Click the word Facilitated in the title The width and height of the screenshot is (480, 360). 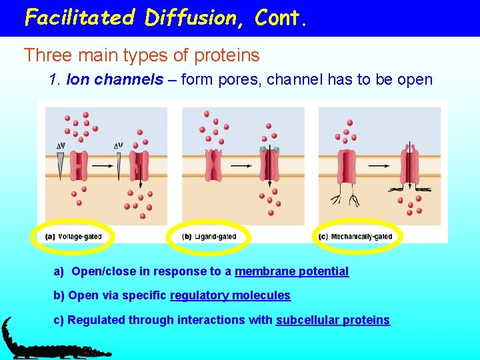click(79, 17)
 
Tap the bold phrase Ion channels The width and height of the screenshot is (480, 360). click(115, 80)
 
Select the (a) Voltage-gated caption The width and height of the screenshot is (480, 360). click(74, 236)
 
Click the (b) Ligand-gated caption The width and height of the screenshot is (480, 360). click(209, 236)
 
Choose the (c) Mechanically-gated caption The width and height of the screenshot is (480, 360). click(357, 236)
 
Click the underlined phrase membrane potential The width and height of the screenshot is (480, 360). click(291, 271)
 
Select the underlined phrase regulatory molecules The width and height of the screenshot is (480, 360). click(230, 295)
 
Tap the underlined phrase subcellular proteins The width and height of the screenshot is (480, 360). click(333, 320)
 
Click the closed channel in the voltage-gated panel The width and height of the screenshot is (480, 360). click(80, 165)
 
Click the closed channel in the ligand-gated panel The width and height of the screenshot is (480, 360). click(214, 165)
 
